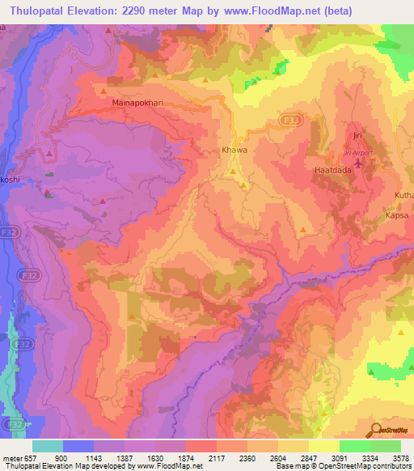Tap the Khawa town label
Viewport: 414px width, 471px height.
point(234,151)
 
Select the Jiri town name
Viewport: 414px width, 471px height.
point(357,135)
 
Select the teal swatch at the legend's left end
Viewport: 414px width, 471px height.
point(48,446)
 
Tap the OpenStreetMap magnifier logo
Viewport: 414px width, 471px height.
point(377,430)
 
